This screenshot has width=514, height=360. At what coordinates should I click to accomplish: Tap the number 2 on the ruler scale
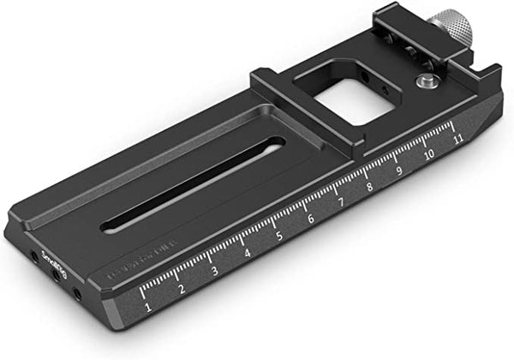coord(182,289)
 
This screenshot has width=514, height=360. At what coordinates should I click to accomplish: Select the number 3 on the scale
coord(214,271)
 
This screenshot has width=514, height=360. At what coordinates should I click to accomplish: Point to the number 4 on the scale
coord(247,254)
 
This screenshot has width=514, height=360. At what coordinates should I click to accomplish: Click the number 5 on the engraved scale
coord(278,236)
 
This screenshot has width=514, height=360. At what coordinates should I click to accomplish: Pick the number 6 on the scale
coord(309,219)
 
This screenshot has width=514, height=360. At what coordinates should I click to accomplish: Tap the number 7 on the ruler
coord(340,203)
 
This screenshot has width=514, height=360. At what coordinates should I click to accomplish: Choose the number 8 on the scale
coord(369,187)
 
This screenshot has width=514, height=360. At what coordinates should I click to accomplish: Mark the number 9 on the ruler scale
coord(398,171)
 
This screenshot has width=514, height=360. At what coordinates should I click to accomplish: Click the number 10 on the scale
coord(428,154)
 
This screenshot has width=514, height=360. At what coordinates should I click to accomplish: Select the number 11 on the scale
coord(459,136)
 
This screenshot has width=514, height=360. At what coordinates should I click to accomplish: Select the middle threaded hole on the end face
coord(57,276)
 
